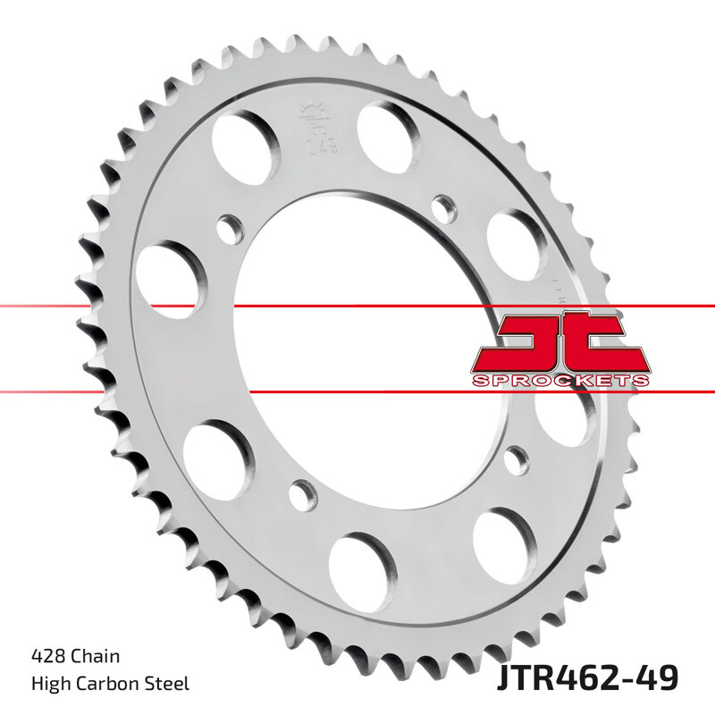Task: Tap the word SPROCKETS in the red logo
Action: click(560, 381)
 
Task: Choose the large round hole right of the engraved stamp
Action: click(388, 131)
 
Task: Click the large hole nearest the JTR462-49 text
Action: click(504, 542)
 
